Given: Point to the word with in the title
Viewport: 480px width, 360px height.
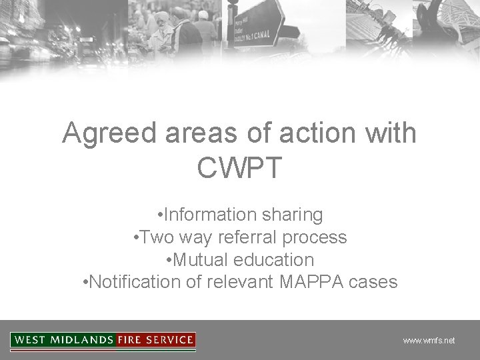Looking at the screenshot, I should pos(390,134).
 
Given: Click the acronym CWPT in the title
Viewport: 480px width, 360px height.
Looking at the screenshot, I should pos(239,168).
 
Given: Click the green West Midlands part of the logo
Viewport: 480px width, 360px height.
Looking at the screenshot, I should pos(63,340).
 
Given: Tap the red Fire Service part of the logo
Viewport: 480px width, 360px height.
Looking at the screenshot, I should pos(155,340).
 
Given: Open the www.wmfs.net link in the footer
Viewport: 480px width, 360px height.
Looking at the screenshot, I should pos(429,341).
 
